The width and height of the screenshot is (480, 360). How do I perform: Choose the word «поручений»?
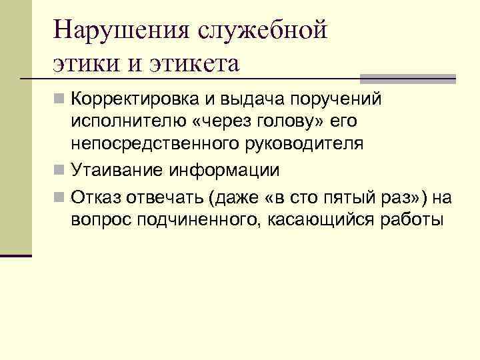(x=339, y=101)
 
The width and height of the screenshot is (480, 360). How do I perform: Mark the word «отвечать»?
(x=163, y=197)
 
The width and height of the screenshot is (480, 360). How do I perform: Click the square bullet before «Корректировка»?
(x=61, y=101)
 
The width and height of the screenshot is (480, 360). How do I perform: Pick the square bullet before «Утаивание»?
(x=61, y=170)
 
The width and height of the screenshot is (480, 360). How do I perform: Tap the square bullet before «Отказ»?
(x=61, y=197)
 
